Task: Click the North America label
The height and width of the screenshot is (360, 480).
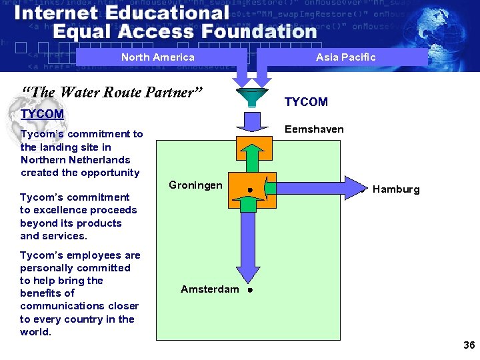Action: tap(157, 57)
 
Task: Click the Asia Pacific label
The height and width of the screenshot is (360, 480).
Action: tap(345, 57)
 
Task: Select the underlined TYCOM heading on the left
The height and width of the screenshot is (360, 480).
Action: tap(42, 114)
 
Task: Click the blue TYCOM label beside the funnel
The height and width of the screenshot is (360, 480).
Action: tap(306, 102)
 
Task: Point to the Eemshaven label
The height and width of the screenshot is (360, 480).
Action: tap(314, 129)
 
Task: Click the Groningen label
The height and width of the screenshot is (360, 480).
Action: tap(195, 185)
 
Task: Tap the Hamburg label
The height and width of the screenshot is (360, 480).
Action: tap(396, 189)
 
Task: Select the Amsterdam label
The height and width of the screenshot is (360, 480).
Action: tap(209, 289)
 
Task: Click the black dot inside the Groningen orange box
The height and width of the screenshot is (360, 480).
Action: tap(249, 190)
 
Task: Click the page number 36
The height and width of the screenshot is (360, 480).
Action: tap(469, 345)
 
